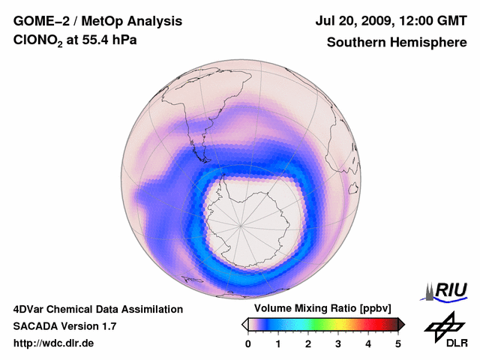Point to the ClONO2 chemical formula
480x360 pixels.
(x=39, y=43)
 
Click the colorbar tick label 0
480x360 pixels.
(x=248, y=343)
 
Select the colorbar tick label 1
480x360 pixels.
(x=278, y=343)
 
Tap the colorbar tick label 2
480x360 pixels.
(x=308, y=343)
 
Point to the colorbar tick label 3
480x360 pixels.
(x=338, y=343)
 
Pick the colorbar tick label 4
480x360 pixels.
(x=368, y=343)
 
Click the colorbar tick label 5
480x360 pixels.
(x=398, y=343)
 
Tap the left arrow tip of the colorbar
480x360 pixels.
(x=244, y=324)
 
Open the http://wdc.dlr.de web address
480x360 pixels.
(x=54, y=343)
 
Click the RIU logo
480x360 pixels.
(x=448, y=290)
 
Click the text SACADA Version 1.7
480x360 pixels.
(x=64, y=326)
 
